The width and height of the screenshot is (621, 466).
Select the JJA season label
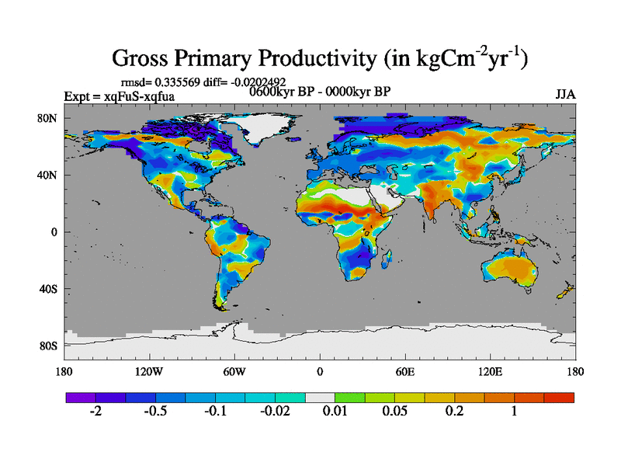click(565, 95)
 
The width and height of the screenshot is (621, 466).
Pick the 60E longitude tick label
click(405, 371)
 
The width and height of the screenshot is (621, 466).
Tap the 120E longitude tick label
click(491, 371)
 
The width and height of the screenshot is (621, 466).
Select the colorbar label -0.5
click(155, 412)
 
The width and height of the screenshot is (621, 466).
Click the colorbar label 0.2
click(454, 412)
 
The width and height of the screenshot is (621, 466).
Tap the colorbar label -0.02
click(275, 412)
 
